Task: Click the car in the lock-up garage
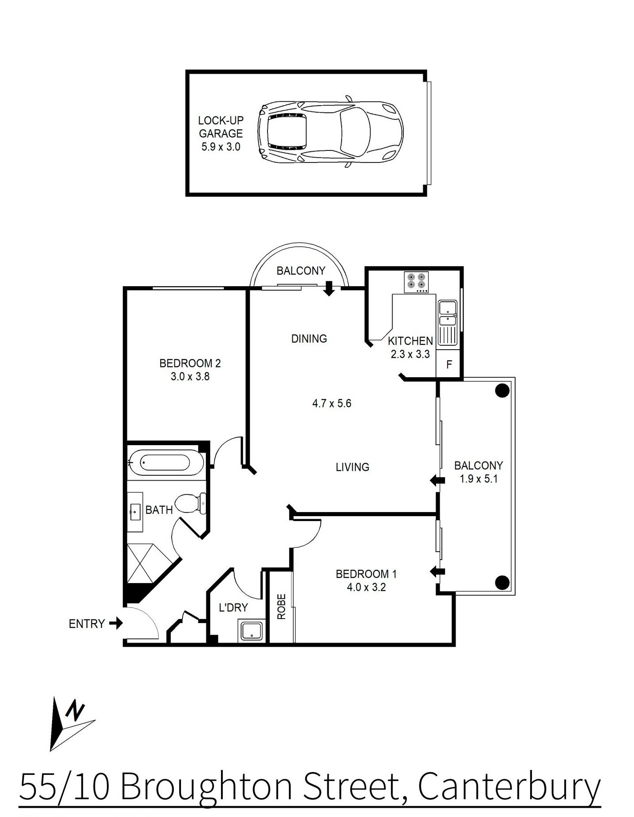coord(331,132)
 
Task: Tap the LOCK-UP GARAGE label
coord(221,127)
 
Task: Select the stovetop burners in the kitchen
coord(416,282)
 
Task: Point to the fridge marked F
coord(449,364)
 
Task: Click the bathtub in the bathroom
coord(166,463)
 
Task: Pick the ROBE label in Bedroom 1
coord(281,606)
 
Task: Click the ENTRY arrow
coord(116,624)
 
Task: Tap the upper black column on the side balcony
coord(502,391)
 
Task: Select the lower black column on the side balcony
coord(502,581)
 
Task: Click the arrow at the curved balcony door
coord(329,288)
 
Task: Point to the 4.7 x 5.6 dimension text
coord(332,403)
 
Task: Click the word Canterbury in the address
coord(509,787)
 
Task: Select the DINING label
coord(309,339)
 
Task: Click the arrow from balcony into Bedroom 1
coord(437,572)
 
